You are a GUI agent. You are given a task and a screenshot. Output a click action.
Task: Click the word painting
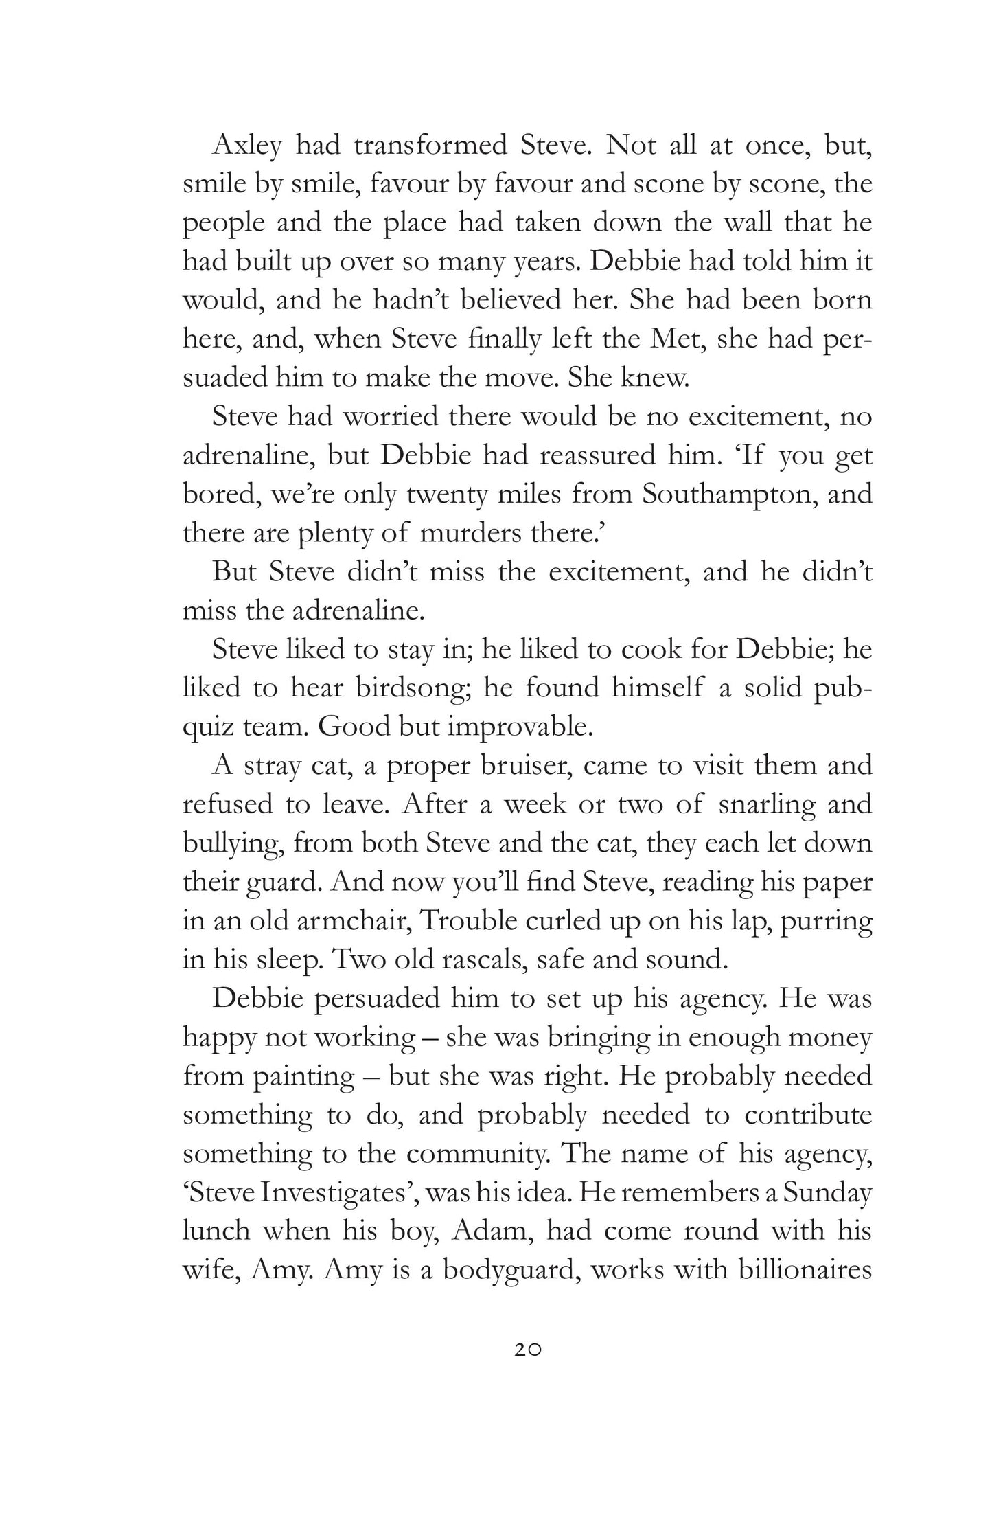point(299,1076)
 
